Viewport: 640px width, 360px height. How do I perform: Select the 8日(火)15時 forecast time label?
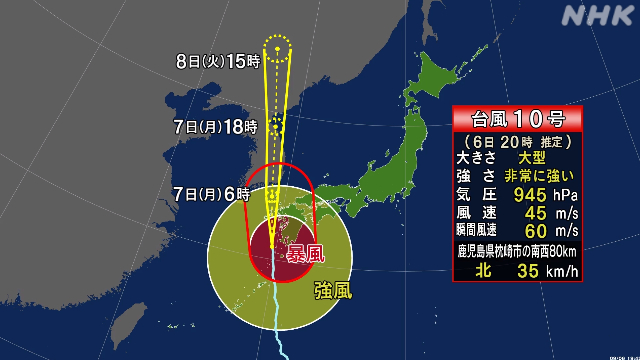(217, 61)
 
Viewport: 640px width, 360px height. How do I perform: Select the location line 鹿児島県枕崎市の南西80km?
(516, 251)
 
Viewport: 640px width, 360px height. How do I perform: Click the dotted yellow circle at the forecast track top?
(279, 46)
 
